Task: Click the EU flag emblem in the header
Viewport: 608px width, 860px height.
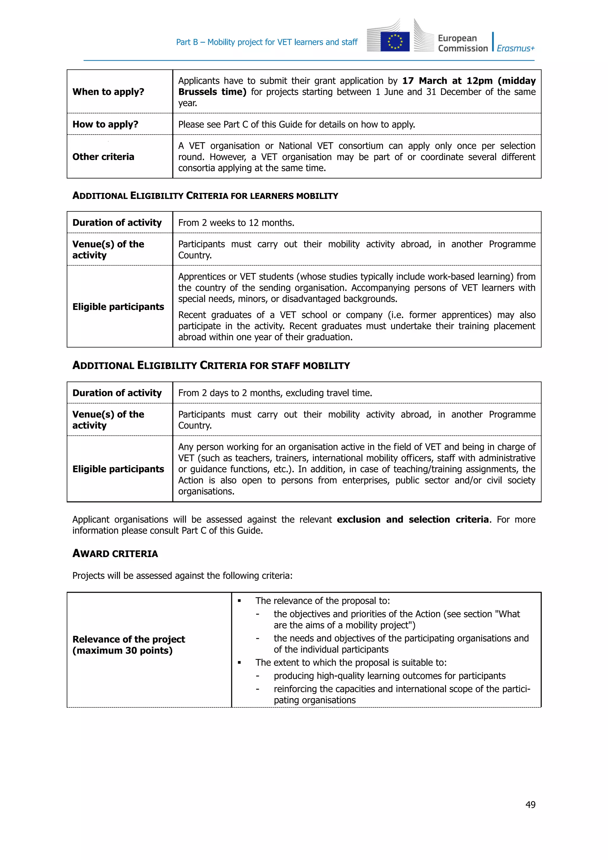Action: (x=395, y=42)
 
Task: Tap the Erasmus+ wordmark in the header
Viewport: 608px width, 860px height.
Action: (x=516, y=48)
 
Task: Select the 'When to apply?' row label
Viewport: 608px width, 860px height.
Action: (x=108, y=92)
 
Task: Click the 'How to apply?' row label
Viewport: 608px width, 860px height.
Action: (x=105, y=124)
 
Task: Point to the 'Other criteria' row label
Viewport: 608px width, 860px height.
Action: (x=103, y=156)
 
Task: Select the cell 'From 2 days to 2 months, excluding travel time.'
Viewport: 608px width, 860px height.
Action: (x=275, y=393)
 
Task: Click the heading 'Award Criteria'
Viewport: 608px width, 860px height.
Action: (x=115, y=554)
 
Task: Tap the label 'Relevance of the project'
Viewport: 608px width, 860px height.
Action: (x=129, y=639)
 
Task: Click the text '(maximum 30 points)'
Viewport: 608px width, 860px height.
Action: (x=122, y=651)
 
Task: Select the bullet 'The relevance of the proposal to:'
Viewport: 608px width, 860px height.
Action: (x=322, y=601)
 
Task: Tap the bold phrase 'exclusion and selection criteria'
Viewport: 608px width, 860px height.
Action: (x=413, y=519)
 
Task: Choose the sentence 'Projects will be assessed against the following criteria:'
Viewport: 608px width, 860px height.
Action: (x=182, y=576)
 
